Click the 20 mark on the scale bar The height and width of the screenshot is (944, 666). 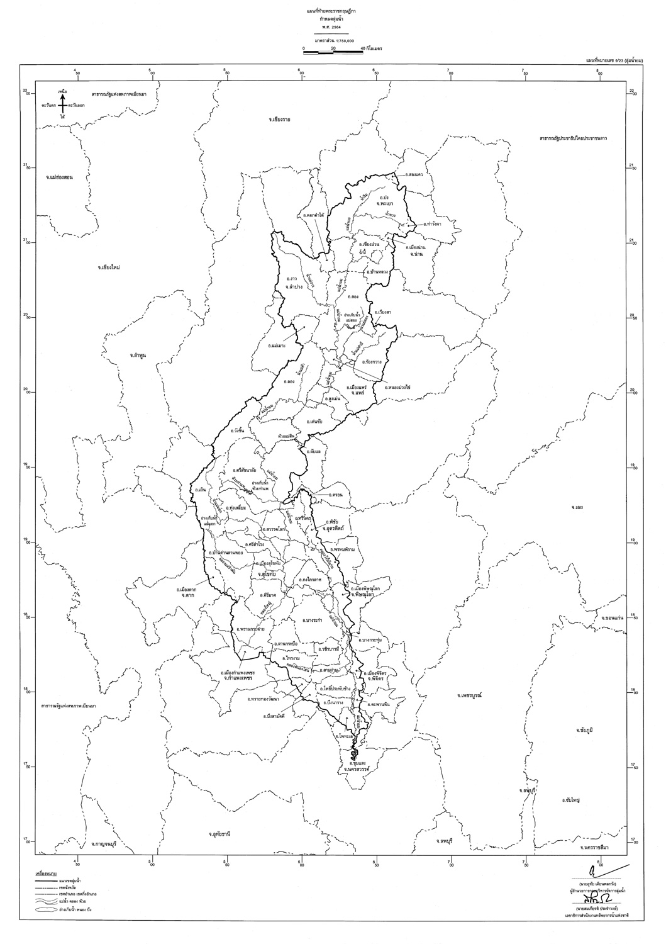(x=333, y=48)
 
